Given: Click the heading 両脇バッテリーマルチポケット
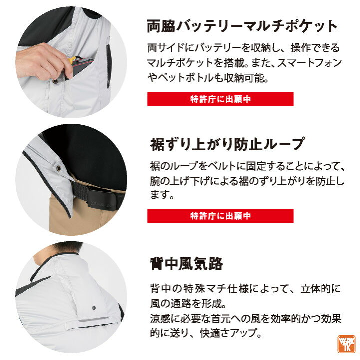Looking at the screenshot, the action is tap(242, 27).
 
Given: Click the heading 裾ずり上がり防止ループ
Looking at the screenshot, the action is tap(228, 144).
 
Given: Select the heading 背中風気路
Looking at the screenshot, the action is tap(186, 264).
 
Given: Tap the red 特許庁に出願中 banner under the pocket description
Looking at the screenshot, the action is tap(220, 99).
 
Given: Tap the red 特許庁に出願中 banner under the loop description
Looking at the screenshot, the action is tap(220, 216).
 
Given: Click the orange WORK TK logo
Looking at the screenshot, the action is tap(346, 344).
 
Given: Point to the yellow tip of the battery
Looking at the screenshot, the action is tap(72, 60).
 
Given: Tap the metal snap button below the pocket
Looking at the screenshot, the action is tap(55, 81).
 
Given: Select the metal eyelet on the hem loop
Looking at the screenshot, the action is tap(59, 169).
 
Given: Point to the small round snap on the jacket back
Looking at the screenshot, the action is tap(94, 307).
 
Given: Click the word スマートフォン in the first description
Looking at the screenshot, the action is tap(309, 63).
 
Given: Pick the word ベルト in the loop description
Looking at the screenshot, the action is tap(221, 166).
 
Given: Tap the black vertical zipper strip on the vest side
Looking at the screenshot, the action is tap(108, 66).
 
